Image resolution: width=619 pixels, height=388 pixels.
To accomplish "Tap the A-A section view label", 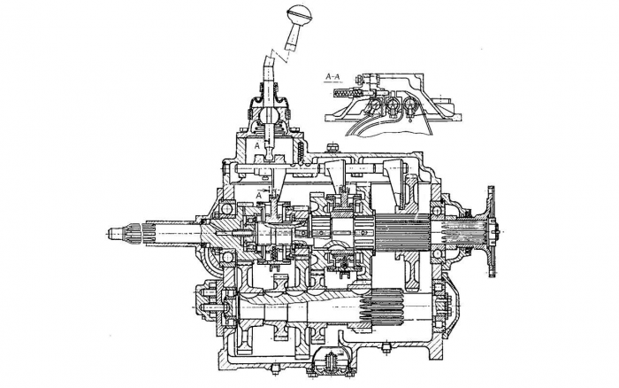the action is point(332,77).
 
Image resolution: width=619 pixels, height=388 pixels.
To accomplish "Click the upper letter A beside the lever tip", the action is point(257,146).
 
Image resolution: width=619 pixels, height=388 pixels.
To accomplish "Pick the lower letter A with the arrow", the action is point(259,196).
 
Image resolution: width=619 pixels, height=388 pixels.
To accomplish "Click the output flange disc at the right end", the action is point(491,231).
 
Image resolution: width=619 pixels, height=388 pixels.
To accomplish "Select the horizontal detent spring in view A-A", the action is point(347,92).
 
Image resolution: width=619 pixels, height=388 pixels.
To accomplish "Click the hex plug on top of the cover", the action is point(332,147).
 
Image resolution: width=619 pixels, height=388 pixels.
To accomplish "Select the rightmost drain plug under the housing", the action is point(386,348).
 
